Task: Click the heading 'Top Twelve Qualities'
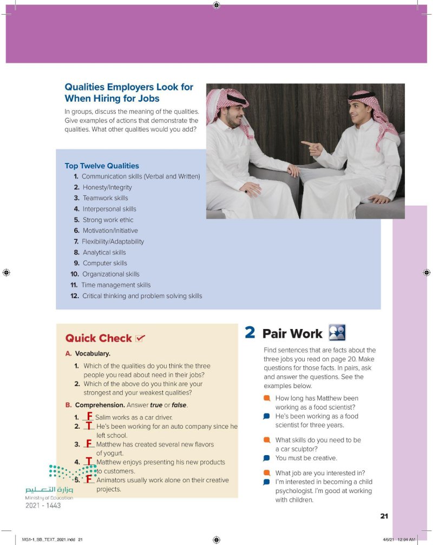[102, 166]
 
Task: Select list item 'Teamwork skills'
[105, 198]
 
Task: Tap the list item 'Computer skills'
[104, 263]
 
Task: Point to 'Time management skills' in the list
[116, 285]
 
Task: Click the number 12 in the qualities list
[75, 296]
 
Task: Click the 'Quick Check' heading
[99, 338]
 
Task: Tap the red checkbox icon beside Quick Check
[140, 338]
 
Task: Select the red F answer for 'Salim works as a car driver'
[89, 416]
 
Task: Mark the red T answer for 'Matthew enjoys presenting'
[89, 461]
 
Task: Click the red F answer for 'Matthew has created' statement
[89, 443]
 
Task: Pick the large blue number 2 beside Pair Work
[250, 332]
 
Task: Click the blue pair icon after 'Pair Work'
[337, 332]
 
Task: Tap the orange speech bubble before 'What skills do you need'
[266, 439]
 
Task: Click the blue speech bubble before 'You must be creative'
[266, 458]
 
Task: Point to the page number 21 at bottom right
[384, 516]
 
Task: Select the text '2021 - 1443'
[43, 505]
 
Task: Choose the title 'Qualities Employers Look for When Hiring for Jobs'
[129, 93]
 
